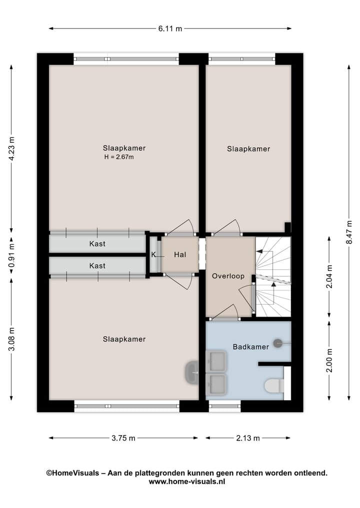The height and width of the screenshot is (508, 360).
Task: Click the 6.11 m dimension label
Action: point(170,28)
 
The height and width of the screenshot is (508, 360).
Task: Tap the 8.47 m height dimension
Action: point(349,232)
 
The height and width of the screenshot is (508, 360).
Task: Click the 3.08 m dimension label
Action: point(12,339)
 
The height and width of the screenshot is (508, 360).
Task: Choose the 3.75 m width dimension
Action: point(123,439)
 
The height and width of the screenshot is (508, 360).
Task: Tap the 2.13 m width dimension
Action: point(247,439)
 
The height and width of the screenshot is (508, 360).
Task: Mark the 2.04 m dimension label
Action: point(328,276)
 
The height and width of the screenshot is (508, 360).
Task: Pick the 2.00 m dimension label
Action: point(328,360)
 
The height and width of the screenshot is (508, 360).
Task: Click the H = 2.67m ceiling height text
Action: point(119,157)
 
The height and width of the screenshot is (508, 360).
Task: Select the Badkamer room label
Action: point(250,347)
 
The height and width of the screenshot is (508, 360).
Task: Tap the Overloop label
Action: point(227,276)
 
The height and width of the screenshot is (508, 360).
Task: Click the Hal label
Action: point(180,255)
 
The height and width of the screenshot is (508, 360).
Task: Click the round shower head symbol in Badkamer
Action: point(278,343)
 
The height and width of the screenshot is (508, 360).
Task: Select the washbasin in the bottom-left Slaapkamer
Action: point(191,372)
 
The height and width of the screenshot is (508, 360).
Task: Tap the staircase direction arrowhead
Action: point(273,285)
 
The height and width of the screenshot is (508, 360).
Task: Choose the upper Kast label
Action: point(97,244)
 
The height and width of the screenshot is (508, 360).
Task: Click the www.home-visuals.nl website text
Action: point(186,482)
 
